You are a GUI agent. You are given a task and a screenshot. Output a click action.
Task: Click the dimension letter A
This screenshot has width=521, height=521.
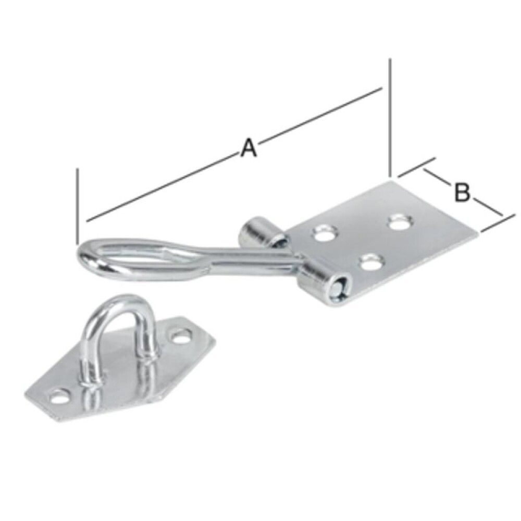point(249,148)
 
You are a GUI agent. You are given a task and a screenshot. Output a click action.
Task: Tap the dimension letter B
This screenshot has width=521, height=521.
point(462,192)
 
